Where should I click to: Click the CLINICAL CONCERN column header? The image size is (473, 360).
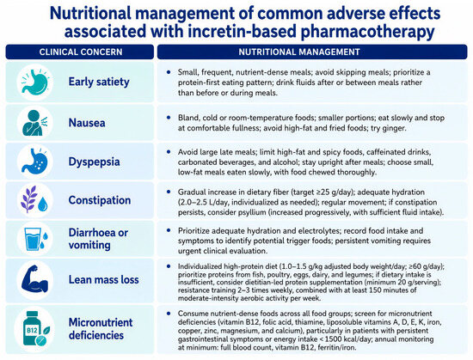click(81, 52)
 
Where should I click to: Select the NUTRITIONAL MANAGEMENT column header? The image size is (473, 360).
click(299, 52)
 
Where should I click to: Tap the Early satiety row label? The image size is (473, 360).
click(99, 82)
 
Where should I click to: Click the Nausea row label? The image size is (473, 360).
click(87, 123)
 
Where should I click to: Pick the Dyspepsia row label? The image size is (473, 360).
click(94, 162)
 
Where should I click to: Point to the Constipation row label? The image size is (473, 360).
click(100, 200)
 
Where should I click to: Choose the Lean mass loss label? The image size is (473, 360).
click(104, 279)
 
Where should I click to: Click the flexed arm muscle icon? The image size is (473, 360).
click(35, 280)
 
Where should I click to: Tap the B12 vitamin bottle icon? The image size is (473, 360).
click(35, 329)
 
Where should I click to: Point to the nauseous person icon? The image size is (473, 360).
click(34, 123)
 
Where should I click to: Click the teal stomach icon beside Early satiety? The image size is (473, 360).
click(34, 82)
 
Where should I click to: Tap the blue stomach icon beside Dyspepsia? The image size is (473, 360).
click(34, 162)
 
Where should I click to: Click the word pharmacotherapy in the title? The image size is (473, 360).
click(367, 32)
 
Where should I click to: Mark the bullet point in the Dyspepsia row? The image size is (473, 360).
click(169, 152)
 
